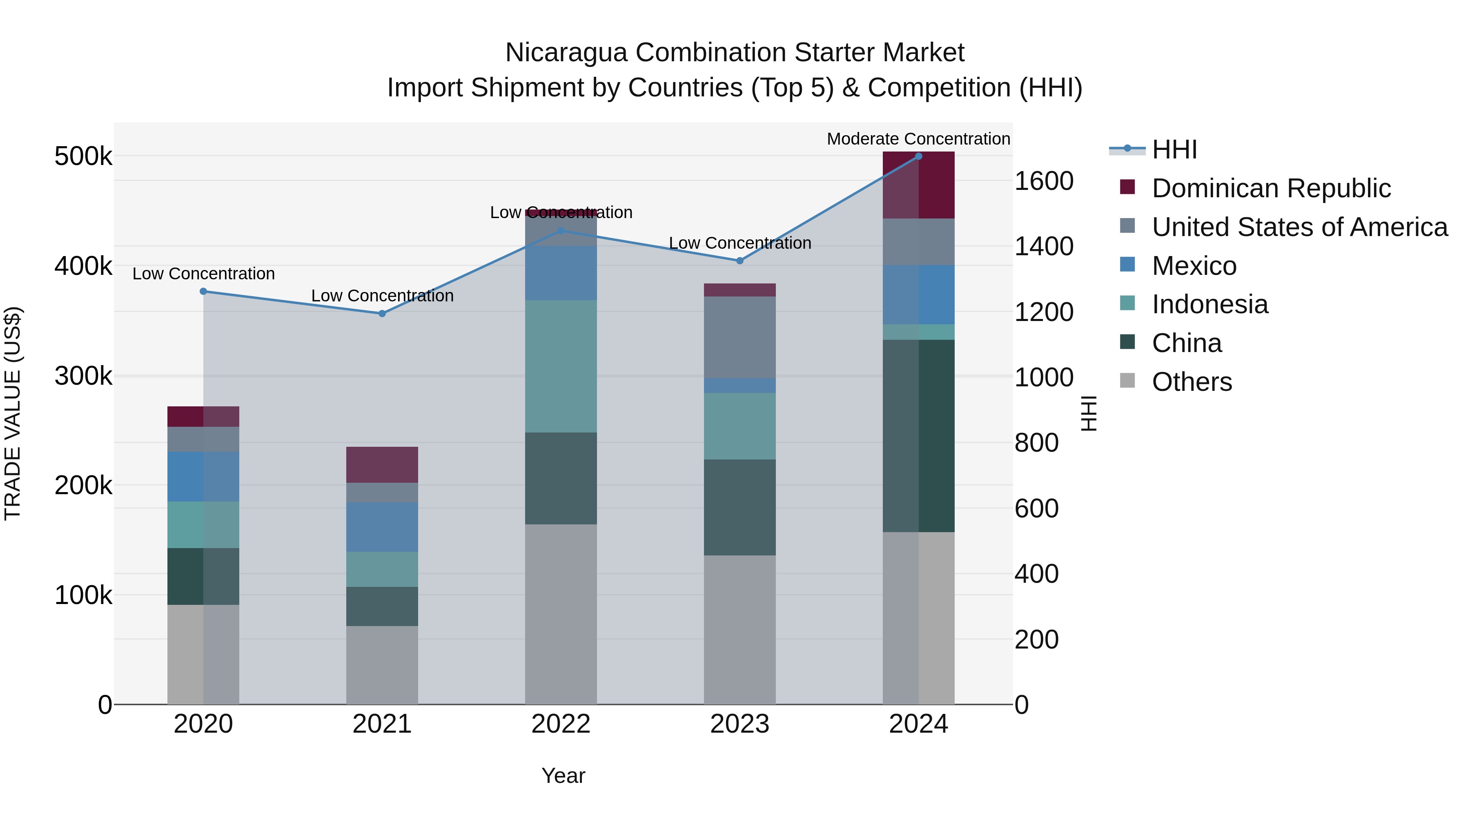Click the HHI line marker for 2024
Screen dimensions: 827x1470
(918, 156)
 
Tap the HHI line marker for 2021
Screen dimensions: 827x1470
(382, 313)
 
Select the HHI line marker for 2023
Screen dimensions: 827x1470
(739, 261)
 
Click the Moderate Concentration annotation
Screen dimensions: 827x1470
(918, 139)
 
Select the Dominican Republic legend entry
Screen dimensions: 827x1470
(1271, 188)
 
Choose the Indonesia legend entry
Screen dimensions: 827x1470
(1210, 304)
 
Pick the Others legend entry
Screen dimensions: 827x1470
(1192, 382)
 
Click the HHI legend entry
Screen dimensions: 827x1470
(1174, 149)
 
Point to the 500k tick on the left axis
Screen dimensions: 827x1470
(83, 156)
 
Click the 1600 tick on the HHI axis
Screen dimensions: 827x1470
(1044, 181)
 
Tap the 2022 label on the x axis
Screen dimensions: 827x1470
(561, 724)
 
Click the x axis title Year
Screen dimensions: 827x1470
(563, 776)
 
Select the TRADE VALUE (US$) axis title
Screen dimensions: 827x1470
(13, 413)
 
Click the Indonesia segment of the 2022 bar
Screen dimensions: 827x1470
(561, 366)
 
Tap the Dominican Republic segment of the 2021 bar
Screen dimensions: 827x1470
(382, 465)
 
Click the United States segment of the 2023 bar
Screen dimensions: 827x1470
(739, 337)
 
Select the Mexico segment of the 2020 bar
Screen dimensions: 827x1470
(203, 477)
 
